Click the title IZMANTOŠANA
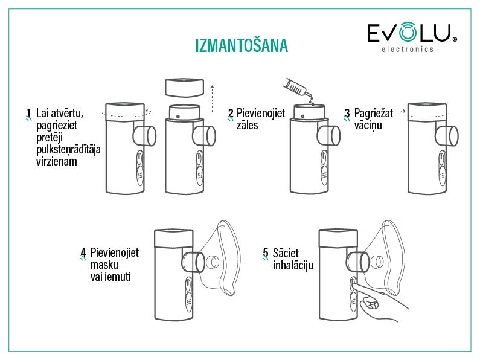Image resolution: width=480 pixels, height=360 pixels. pyautogui.click(x=242, y=45)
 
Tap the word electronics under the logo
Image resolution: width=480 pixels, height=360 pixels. pyautogui.click(x=408, y=49)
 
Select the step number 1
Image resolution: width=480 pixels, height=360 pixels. pyautogui.click(x=29, y=114)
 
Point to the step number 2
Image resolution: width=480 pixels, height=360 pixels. pyautogui.click(x=231, y=114)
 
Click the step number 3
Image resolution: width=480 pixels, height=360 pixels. pyautogui.click(x=347, y=114)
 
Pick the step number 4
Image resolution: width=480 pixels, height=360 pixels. pyautogui.click(x=83, y=253)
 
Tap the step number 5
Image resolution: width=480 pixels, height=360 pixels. pyautogui.click(x=266, y=253)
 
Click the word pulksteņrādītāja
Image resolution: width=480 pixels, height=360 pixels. pyautogui.click(x=68, y=150)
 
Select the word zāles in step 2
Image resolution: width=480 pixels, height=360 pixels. pyautogui.click(x=247, y=125)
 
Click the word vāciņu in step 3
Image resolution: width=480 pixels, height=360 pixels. pyautogui.click(x=368, y=126)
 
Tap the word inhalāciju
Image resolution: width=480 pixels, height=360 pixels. pyautogui.click(x=293, y=265)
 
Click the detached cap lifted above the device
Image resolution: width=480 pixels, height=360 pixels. pyautogui.click(x=184, y=88)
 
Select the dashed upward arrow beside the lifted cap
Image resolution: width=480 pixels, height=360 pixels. pyautogui.click(x=212, y=99)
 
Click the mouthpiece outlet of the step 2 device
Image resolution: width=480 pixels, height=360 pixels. pyautogui.click(x=329, y=136)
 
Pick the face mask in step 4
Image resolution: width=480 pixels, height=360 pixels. pyautogui.click(x=220, y=258)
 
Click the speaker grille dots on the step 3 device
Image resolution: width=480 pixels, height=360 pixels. pyautogui.click(x=442, y=176)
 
